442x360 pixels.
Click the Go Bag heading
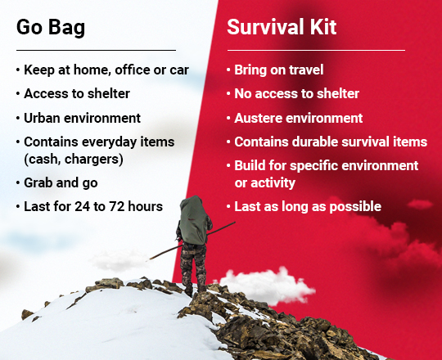(x=51, y=27)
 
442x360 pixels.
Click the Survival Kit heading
(x=282, y=27)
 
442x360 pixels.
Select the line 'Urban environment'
(x=82, y=118)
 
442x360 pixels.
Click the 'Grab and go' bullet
(x=64, y=182)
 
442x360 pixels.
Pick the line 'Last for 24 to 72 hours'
(x=92, y=205)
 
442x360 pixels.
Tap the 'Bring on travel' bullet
(x=278, y=70)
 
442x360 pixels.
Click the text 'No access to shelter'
(x=296, y=94)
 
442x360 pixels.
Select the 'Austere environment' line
(x=298, y=118)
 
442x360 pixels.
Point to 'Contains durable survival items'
(x=330, y=142)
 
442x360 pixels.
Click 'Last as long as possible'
(x=307, y=206)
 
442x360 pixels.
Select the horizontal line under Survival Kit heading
(x=315, y=50)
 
